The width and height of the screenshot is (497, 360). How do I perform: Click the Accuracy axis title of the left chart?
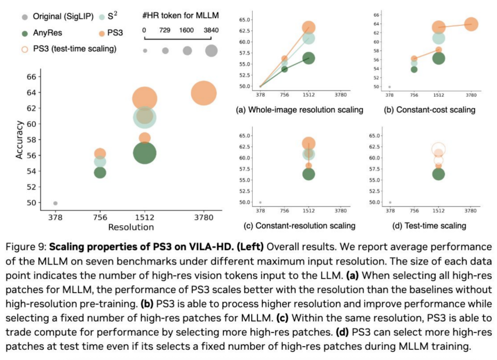19,140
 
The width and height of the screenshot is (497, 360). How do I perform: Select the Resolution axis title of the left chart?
131,227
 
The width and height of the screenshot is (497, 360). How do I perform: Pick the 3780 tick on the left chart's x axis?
203,217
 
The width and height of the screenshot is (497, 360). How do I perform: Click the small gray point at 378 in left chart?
55,203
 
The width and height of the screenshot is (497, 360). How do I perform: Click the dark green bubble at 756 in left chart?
100,172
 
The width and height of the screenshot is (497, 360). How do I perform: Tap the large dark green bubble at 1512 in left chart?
144,153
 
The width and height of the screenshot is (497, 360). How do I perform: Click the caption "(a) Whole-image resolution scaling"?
299,110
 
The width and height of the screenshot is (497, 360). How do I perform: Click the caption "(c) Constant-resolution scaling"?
299,225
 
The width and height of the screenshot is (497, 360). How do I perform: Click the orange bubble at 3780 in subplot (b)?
471,24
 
